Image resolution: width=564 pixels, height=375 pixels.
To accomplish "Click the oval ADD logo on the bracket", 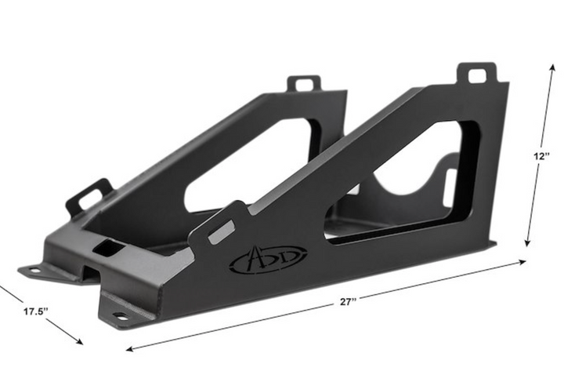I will pos(268,260).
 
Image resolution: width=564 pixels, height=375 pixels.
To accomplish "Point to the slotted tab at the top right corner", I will pos(478,75).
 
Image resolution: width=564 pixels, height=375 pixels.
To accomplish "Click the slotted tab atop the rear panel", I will pos(304,82).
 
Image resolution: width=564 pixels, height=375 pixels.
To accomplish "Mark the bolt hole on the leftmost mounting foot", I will pos(33,271).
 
